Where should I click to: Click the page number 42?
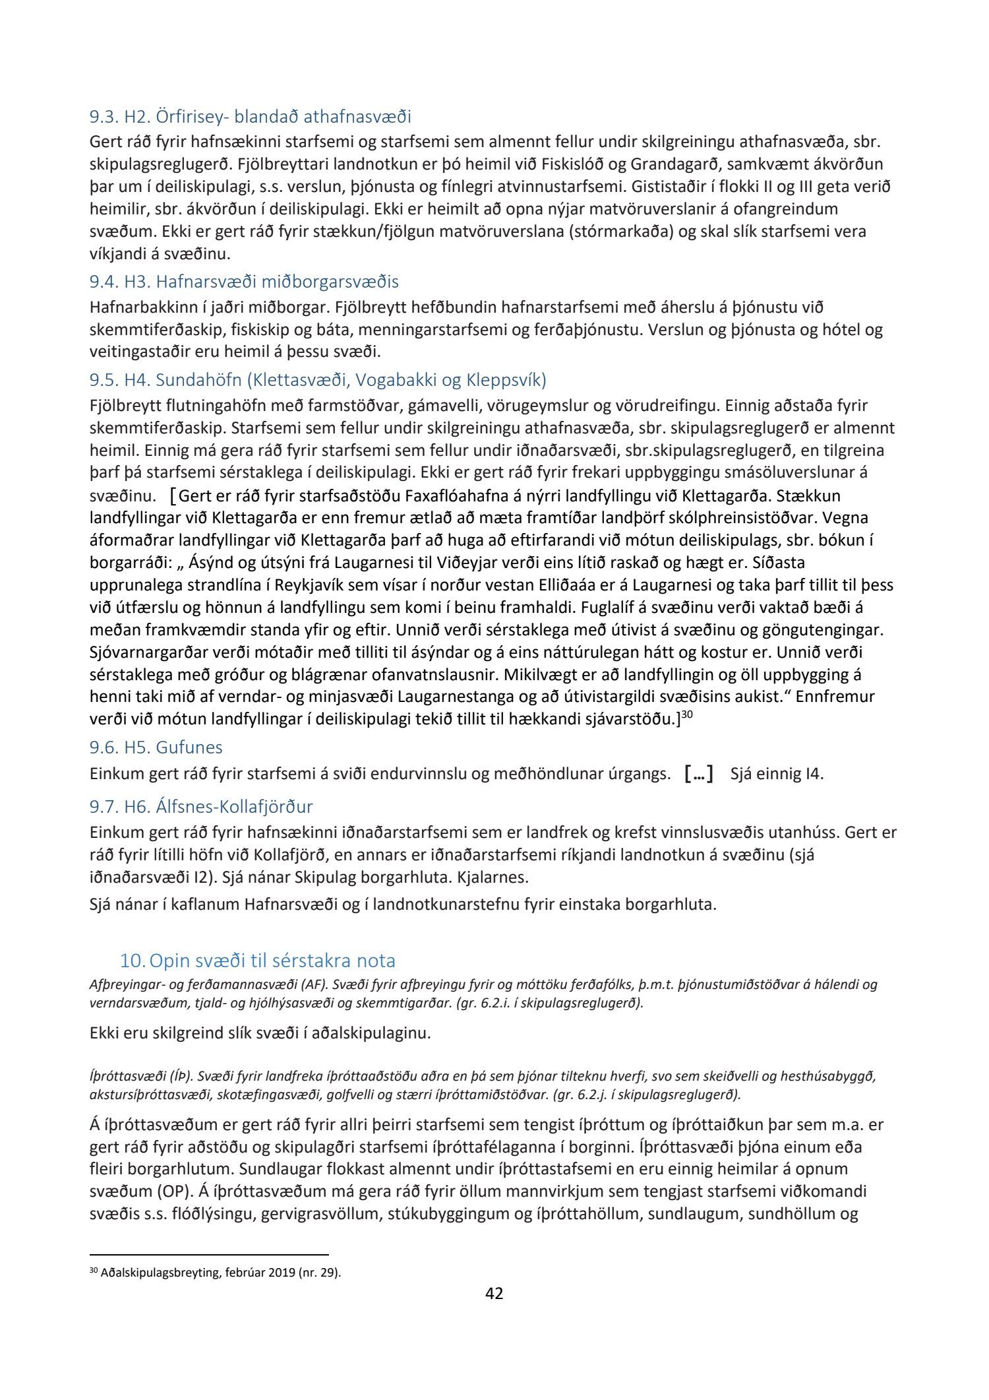(494, 1312)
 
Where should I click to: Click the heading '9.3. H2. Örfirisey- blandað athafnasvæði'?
(250, 117)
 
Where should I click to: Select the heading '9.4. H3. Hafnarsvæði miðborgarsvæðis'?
(244, 282)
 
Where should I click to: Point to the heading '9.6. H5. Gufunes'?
(156, 748)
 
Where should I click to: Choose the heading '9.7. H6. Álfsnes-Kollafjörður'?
(201, 806)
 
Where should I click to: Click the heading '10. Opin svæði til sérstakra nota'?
(257, 961)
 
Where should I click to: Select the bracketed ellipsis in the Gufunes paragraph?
(699, 773)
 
